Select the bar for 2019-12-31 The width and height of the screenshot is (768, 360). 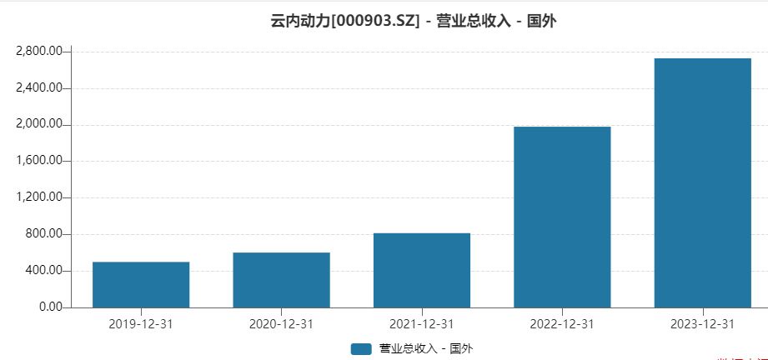click(x=141, y=284)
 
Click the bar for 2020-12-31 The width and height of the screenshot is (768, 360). click(x=281, y=279)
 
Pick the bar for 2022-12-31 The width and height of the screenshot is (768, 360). click(x=562, y=217)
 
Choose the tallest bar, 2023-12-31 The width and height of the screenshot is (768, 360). click(x=702, y=182)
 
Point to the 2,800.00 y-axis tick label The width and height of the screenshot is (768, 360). click(x=39, y=52)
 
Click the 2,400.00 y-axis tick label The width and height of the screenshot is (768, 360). click(x=39, y=88)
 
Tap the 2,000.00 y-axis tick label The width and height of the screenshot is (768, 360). click(x=39, y=125)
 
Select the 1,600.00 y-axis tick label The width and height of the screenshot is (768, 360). click(x=39, y=162)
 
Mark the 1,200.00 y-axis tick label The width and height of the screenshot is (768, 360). click(x=39, y=197)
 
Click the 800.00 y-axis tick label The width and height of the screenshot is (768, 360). click(x=43, y=234)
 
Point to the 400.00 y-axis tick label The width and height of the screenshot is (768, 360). click(x=43, y=271)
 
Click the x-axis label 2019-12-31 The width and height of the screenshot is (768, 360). click(x=141, y=324)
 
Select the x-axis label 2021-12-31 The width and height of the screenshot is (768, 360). click(x=422, y=324)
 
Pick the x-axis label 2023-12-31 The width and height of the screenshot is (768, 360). click(x=702, y=324)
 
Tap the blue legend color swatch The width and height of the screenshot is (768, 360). click(x=361, y=348)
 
